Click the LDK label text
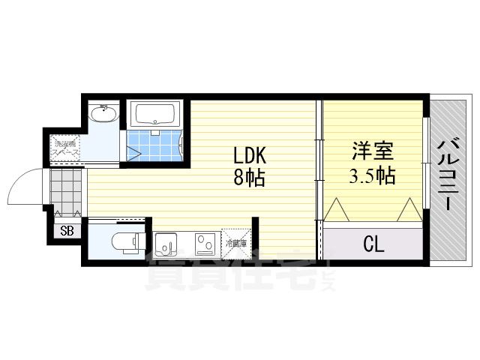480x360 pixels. (250, 156)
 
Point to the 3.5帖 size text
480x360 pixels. (372, 177)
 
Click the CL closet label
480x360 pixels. (373, 243)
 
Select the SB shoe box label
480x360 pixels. (67, 230)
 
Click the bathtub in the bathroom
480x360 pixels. (154, 115)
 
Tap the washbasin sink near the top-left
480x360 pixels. (102, 115)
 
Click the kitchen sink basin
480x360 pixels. (166, 244)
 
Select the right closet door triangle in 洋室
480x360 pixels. (410, 210)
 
